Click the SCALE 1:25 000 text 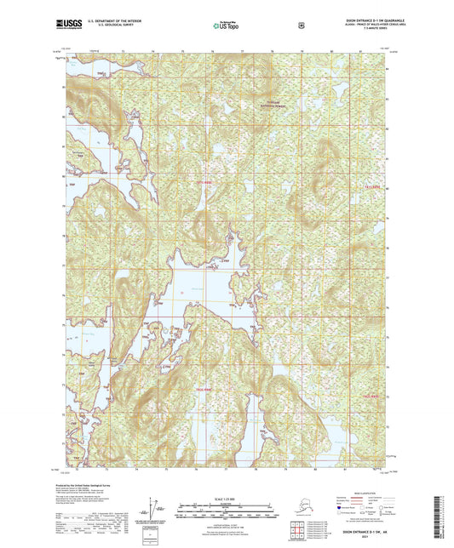pyautogui.click(x=227, y=496)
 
